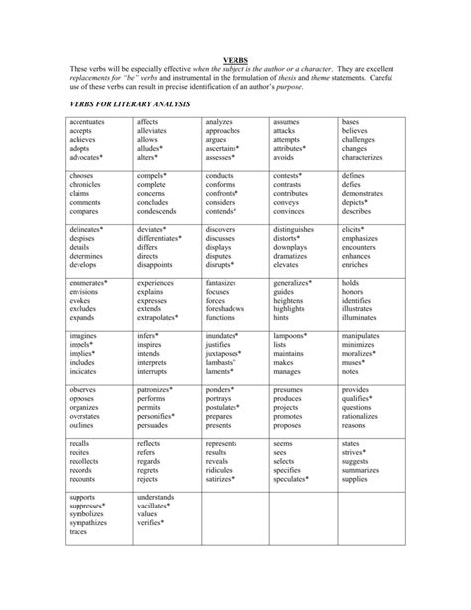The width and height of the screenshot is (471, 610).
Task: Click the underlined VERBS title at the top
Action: [235, 58]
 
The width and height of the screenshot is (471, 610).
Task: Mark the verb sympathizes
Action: [90, 522]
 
